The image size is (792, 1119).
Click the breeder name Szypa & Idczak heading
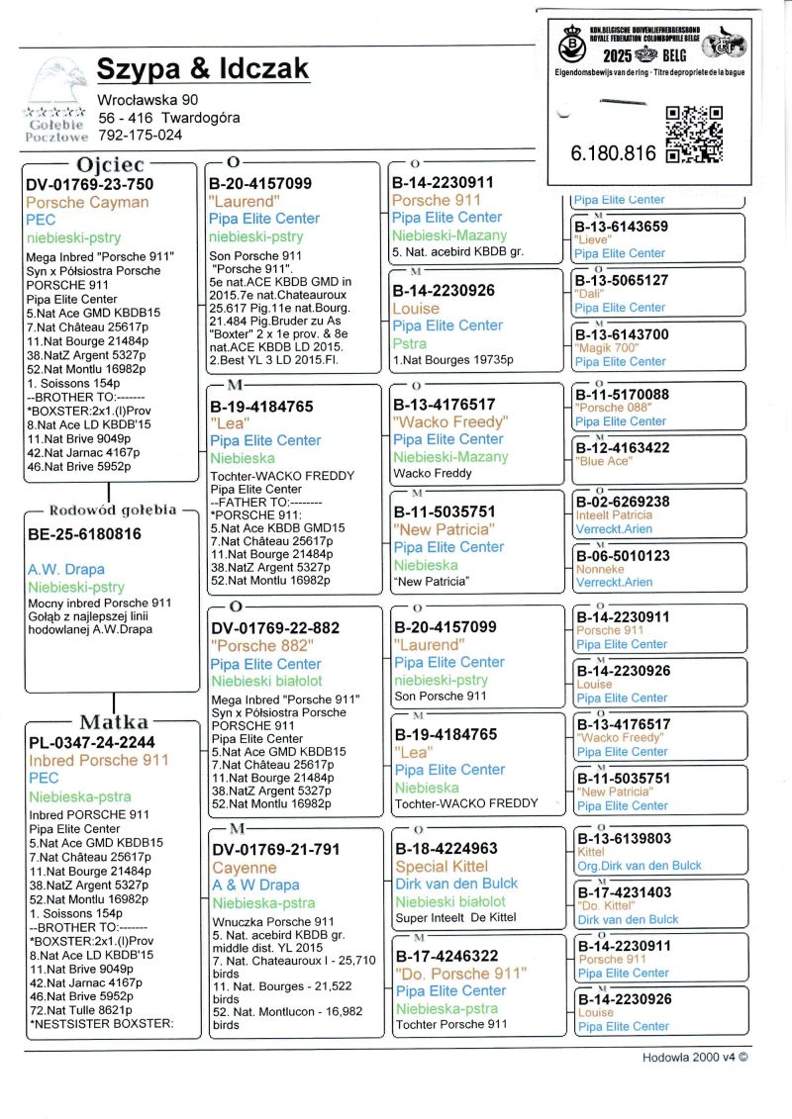click(x=203, y=68)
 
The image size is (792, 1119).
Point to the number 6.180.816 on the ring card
click(x=613, y=153)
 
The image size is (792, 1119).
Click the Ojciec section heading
click(x=110, y=163)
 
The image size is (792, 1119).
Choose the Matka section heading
click(x=114, y=721)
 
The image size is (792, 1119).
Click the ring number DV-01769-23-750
click(x=90, y=184)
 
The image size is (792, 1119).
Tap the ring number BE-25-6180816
click(x=85, y=534)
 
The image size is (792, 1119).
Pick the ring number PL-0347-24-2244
click(x=91, y=742)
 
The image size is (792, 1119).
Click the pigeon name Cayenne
click(x=245, y=867)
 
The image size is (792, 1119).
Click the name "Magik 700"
click(x=605, y=348)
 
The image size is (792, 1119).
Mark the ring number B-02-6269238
click(x=623, y=502)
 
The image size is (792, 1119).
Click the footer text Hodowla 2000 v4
click(x=694, y=1056)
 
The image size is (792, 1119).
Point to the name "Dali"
click(x=590, y=294)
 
